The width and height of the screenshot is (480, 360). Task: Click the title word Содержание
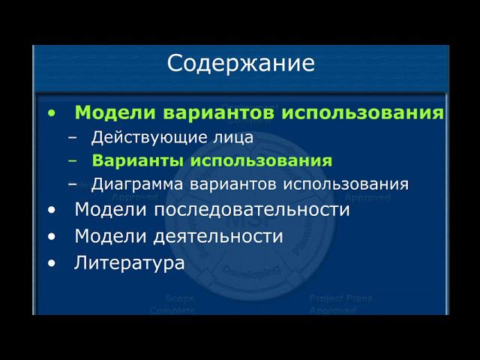(x=241, y=63)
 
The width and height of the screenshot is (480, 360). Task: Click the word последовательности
(x=263, y=210)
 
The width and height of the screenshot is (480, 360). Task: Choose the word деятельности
(x=220, y=236)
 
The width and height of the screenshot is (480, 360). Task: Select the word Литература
(x=129, y=263)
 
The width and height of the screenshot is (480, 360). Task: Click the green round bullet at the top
(x=51, y=113)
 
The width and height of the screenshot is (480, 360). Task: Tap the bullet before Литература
(x=51, y=263)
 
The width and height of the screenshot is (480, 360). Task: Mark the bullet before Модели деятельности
(x=51, y=236)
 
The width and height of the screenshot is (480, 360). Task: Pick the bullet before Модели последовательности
(x=51, y=210)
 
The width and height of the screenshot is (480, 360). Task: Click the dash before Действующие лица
(x=72, y=138)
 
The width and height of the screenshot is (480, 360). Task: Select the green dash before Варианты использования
(x=72, y=161)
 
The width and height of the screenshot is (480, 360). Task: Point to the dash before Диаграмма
(x=72, y=184)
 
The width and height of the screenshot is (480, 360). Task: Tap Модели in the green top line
(x=115, y=113)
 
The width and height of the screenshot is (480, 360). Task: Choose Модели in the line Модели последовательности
(x=112, y=210)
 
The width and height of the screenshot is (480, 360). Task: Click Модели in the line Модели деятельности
(x=112, y=236)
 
